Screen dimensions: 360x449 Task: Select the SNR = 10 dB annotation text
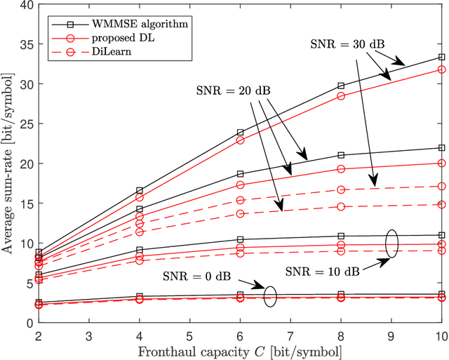(x=321, y=269)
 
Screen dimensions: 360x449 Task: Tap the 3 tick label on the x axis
(x=88, y=333)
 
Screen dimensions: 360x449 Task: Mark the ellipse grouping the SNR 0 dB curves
(x=271, y=297)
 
